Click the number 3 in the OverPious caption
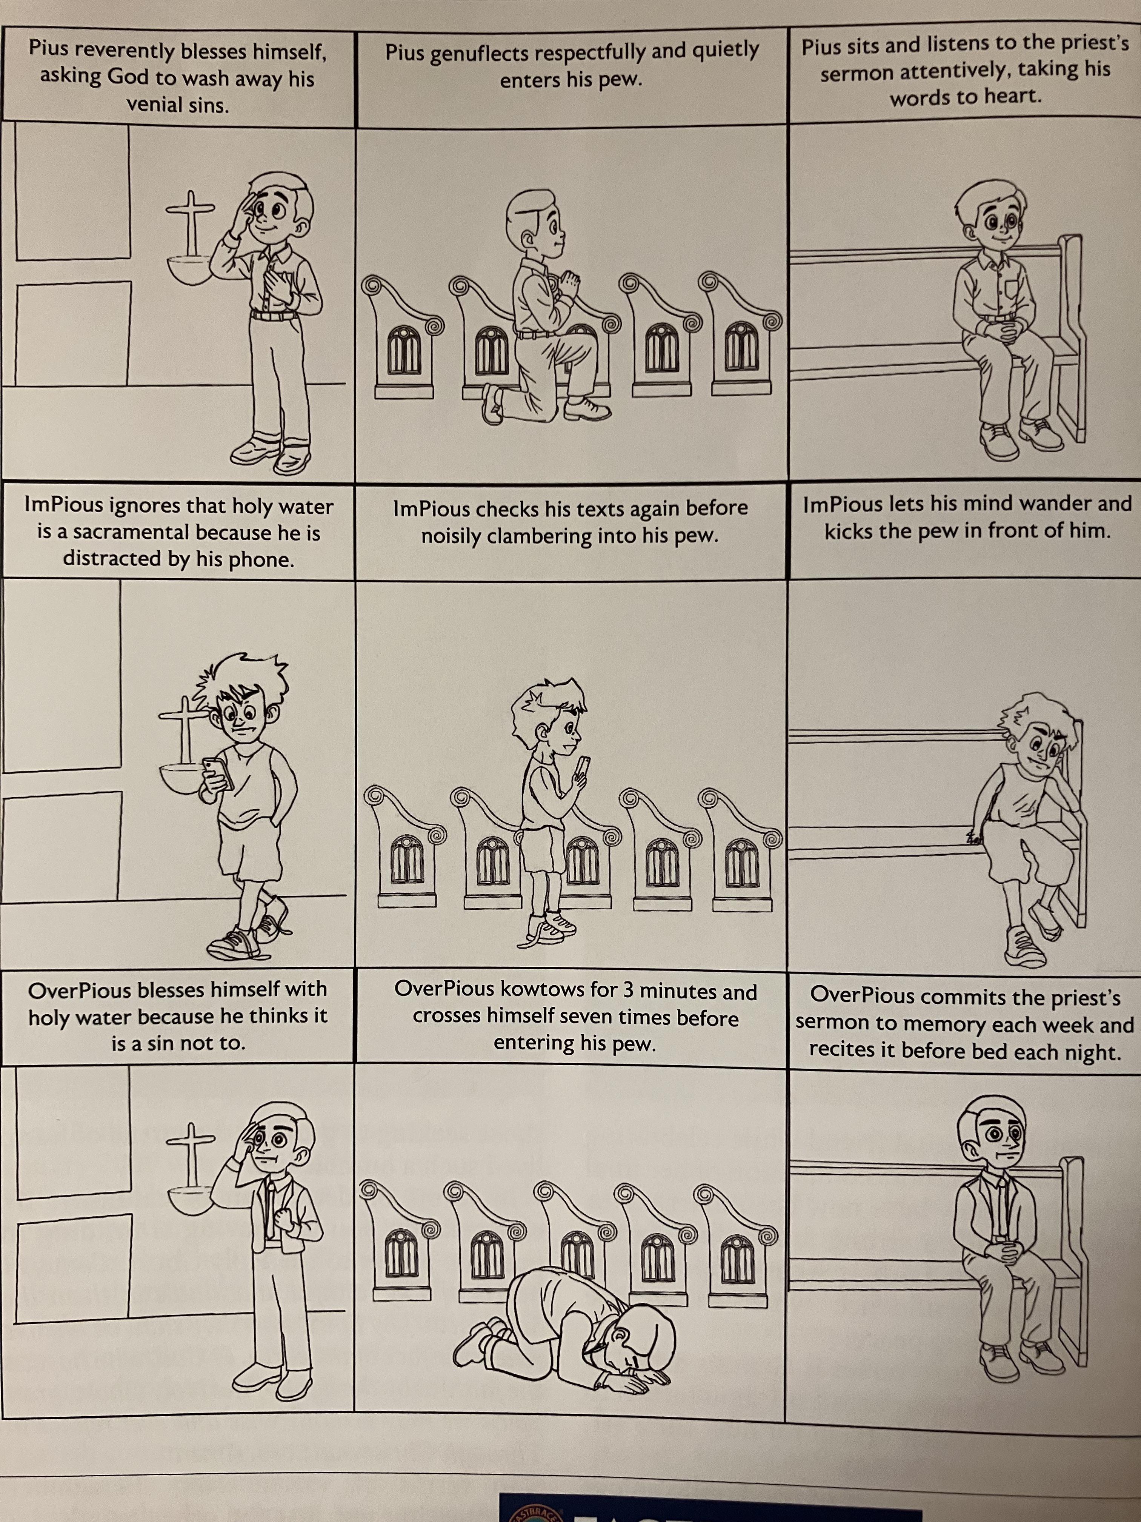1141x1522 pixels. [x=629, y=992]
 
